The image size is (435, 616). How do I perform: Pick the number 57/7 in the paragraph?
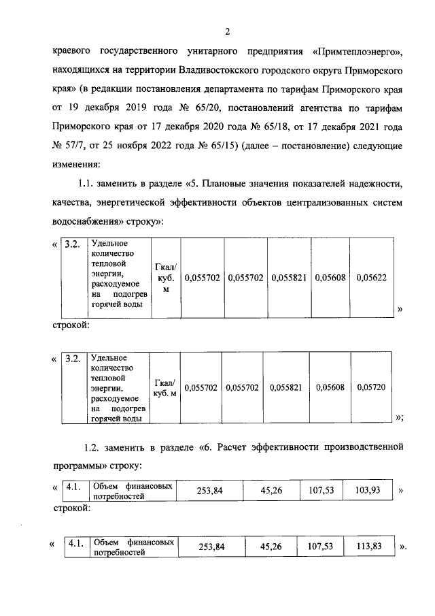coord(73,146)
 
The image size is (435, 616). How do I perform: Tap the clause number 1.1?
coord(90,184)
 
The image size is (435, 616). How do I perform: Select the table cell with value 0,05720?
coord(370,387)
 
